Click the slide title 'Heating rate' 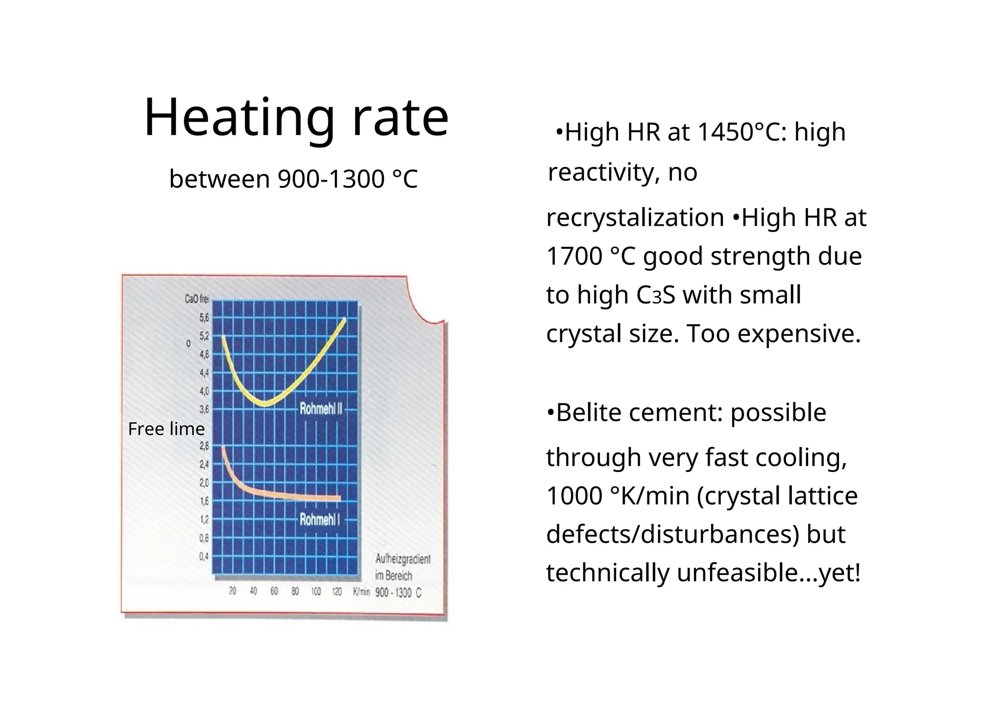coord(296,118)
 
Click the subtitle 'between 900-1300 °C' coord(293,179)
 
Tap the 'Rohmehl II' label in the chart coord(321,408)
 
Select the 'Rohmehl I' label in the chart coord(319,520)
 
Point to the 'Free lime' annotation coord(166,429)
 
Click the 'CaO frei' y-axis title coord(196,299)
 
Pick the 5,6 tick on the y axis coord(204,318)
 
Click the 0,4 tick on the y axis coord(204,557)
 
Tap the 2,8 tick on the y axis coord(204,446)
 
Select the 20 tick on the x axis coord(233,591)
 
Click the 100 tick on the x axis coord(316,591)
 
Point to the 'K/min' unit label coord(361,592)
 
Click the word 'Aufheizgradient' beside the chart coord(403,559)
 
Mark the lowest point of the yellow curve coord(265,404)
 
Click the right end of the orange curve coord(339,498)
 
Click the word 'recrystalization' coord(635,217)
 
